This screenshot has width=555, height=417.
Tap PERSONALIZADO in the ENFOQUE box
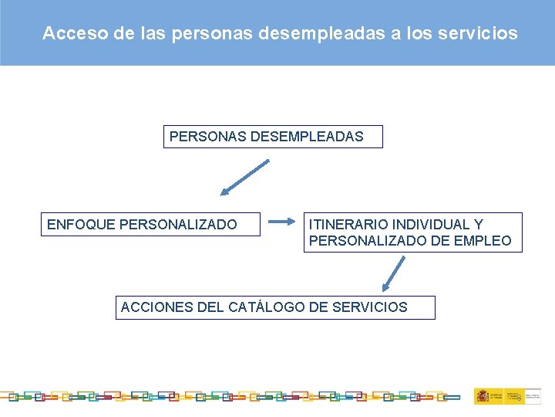[x=178, y=225]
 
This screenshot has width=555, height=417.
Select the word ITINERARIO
[x=348, y=225]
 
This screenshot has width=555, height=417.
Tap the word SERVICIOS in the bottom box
[x=369, y=307]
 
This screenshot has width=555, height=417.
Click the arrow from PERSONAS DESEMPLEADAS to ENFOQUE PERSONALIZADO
[x=245, y=178]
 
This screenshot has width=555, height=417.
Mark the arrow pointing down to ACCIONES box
[x=394, y=274]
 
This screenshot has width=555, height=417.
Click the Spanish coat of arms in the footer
[x=482, y=396]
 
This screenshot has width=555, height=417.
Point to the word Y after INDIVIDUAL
[x=479, y=225]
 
